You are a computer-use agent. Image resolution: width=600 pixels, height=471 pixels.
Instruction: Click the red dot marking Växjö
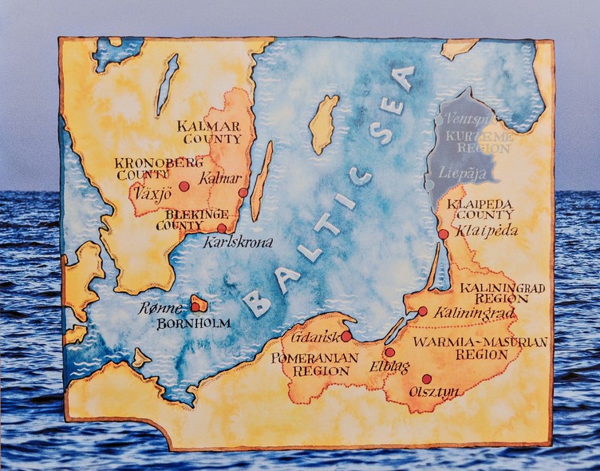[x=184, y=186]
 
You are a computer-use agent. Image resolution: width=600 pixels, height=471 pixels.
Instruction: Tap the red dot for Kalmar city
[x=243, y=192]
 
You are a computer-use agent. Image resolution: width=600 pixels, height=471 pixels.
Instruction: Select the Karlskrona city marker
[x=221, y=228]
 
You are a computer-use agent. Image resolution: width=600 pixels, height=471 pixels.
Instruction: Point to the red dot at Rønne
[x=195, y=307]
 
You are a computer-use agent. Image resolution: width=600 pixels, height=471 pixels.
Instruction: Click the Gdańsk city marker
[x=346, y=336]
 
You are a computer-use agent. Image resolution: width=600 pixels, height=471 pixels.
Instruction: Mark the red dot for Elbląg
[x=389, y=352]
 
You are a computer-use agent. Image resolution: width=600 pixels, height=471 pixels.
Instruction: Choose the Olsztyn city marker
[x=427, y=379]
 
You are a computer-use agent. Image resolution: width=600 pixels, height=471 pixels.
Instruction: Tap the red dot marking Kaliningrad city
[x=423, y=311]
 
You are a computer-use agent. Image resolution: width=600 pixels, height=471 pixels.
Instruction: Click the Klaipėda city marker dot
[x=444, y=234]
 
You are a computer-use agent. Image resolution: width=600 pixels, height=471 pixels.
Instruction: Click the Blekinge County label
[x=192, y=220]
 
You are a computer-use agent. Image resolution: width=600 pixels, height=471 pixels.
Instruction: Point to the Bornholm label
[x=194, y=323]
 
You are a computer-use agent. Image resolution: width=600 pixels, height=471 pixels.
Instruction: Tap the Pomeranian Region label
[x=315, y=365]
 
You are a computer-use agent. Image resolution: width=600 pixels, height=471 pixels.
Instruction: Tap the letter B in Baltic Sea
[x=256, y=302]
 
